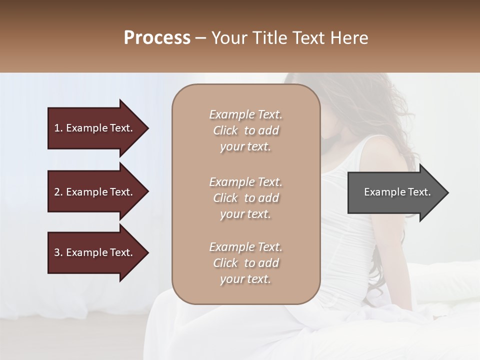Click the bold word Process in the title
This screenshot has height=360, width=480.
click(x=157, y=38)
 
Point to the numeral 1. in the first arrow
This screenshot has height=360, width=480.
click(x=58, y=128)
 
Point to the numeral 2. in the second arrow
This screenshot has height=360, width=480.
click(x=58, y=192)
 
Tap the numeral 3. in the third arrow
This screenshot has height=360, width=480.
click(x=58, y=252)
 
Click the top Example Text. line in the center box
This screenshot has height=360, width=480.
click(x=245, y=114)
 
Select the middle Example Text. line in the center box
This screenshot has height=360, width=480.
click(x=245, y=182)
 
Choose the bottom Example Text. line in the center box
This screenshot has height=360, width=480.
click(x=245, y=247)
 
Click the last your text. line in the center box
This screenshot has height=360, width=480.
click(x=245, y=279)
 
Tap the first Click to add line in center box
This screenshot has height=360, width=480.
click(x=245, y=130)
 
